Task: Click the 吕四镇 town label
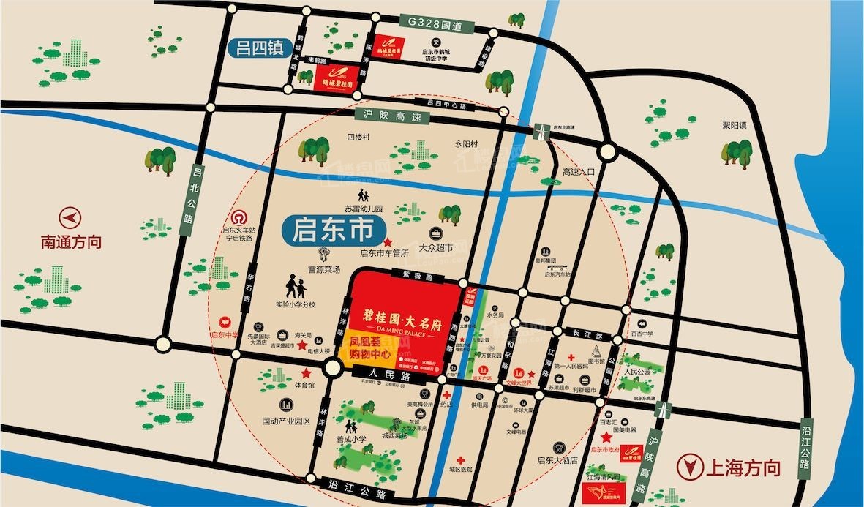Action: click(x=258, y=48)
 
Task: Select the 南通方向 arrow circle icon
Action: click(x=72, y=218)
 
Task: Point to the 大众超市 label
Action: click(x=437, y=247)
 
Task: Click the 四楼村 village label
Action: click(x=358, y=137)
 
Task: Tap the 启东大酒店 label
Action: click(x=557, y=461)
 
